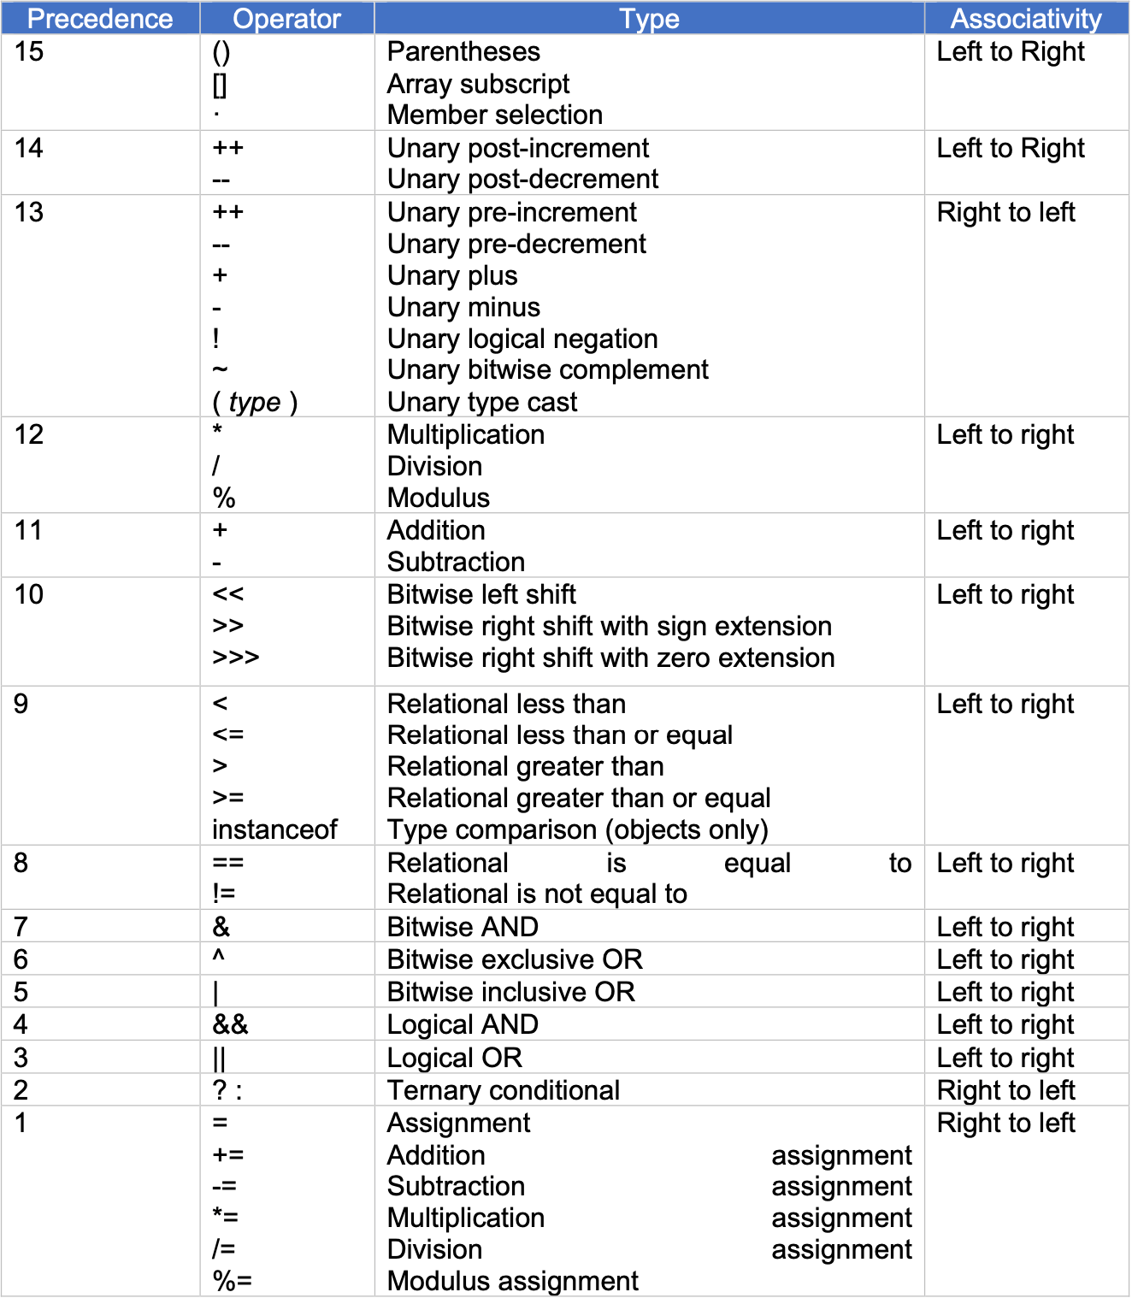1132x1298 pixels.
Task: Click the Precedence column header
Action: pos(100,18)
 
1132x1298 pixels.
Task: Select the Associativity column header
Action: pos(1026,18)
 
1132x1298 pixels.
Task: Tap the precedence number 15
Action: pos(29,51)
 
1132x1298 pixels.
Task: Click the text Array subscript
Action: pos(478,84)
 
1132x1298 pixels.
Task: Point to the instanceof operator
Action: pos(274,829)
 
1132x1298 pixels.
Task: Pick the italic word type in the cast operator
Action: pos(255,402)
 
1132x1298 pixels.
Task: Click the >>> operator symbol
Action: pos(236,658)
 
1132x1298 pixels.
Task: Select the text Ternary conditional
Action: pos(503,1090)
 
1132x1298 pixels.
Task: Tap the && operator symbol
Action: pos(230,1024)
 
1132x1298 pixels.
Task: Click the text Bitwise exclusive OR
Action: pos(515,959)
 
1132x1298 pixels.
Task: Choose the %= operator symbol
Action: pos(232,1281)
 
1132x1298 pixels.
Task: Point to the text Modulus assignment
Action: pos(512,1281)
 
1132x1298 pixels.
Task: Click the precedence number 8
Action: pos(21,863)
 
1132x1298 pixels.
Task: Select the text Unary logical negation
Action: pos(522,339)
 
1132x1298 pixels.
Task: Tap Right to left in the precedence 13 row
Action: pos(1005,212)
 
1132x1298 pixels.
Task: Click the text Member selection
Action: pos(494,115)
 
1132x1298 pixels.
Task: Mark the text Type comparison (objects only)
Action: pos(577,829)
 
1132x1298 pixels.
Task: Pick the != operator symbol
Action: pos(223,894)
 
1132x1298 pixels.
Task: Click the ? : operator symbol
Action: pos(227,1090)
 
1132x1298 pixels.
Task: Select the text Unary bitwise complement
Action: pos(547,369)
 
